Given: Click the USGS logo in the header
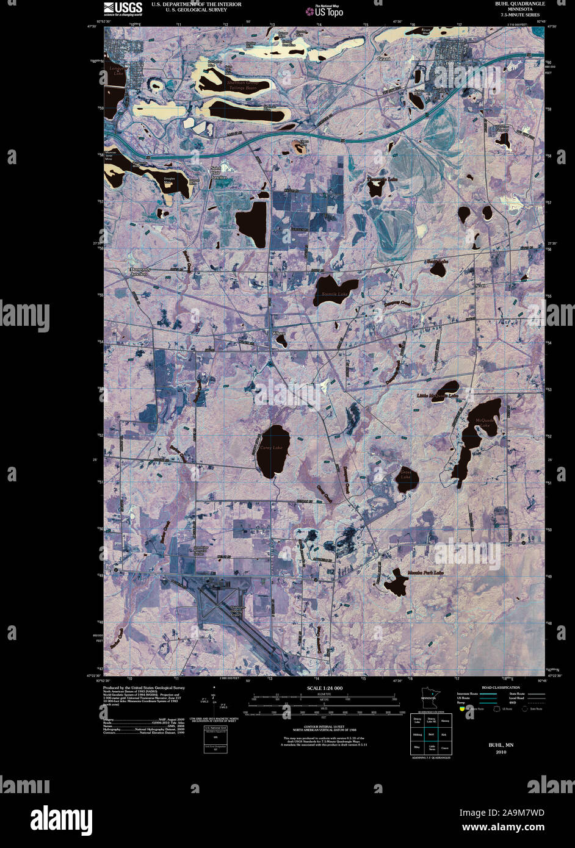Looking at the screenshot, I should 123,8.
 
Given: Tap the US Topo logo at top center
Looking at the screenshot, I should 329,11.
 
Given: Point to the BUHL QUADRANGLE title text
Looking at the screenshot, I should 520,4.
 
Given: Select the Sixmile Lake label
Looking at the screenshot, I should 335,294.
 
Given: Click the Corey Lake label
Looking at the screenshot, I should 272,448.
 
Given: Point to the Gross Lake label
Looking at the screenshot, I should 406,474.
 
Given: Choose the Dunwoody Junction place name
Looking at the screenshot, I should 139,271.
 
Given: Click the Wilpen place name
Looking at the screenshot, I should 278,334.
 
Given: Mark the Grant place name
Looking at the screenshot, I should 383,59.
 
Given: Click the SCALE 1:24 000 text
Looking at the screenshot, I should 325,688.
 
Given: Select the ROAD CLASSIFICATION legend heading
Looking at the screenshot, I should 501,688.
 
